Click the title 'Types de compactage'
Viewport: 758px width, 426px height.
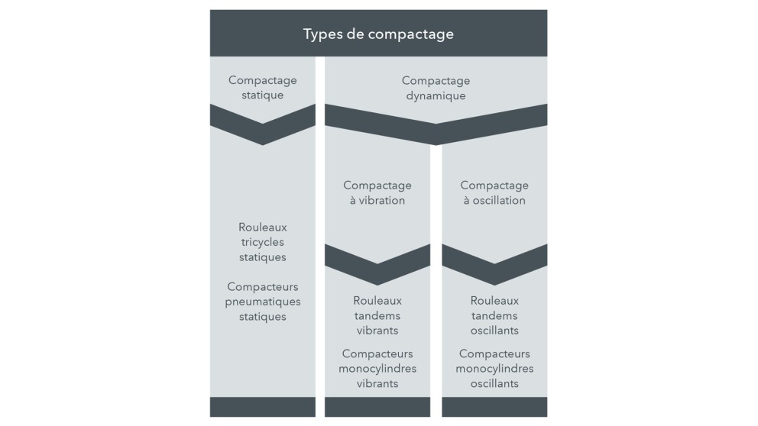click(x=378, y=34)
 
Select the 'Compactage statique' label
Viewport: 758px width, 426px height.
click(x=262, y=88)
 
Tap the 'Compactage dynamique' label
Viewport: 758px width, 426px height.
click(x=436, y=88)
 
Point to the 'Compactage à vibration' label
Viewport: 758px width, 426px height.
click(x=377, y=192)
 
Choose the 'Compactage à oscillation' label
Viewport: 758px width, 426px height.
click(x=494, y=192)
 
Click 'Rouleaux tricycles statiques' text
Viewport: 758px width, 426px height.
click(x=262, y=242)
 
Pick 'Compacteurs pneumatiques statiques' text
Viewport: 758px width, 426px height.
click(x=263, y=302)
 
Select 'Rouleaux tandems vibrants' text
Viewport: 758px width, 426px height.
click(x=377, y=315)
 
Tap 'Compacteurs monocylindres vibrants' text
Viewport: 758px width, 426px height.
click(x=377, y=369)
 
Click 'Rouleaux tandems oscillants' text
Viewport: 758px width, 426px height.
click(x=494, y=315)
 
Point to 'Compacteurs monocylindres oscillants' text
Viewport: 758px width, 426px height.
click(x=494, y=369)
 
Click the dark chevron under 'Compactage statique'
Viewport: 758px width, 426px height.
click(x=262, y=126)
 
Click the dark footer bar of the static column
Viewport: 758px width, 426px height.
click(x=262, y=406)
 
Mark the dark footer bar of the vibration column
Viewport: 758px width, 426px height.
click(x=377, y=406)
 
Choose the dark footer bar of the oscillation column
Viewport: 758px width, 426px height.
click(x=494, y=406)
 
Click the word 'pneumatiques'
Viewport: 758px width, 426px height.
click(x=263, y=302)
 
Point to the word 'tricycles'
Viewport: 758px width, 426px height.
click(x=262, y=242)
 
